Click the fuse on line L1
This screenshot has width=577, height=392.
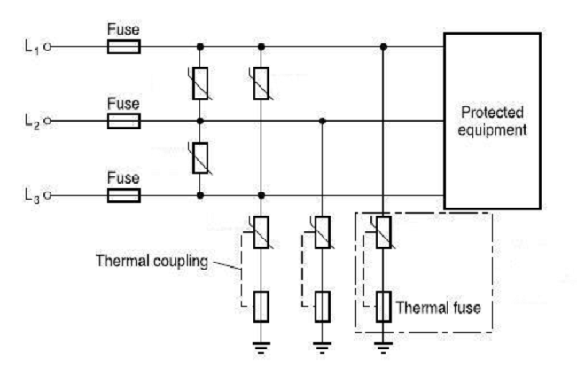pyautogui.click(x=124, y=46)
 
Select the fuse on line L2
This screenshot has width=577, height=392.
pyautogui.click(x=124, y=120)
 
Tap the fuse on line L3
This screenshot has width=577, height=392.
pyautogui.click(x=124, y=194)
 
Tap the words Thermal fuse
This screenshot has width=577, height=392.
pyautogui.click(x=437, y=310)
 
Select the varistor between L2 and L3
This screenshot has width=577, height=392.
pyautogui.click(x=200, y=157)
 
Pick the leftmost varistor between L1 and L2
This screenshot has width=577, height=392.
pyautogui.click(x=200, y=82)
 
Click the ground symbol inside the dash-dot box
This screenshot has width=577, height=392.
pyautogui.click(x=383, y=348)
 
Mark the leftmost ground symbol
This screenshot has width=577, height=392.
pyautogui.click(x=261, y=348)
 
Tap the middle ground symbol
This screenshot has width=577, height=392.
pyautogui.click(x=322, y=348)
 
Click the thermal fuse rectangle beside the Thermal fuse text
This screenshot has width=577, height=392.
pyautogui.click(x=383, y=306)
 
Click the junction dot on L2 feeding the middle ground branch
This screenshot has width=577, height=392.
pyautogui.click(x=322, y=120)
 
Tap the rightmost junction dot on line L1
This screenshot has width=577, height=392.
pyautogui.click(x=383, y=46)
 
